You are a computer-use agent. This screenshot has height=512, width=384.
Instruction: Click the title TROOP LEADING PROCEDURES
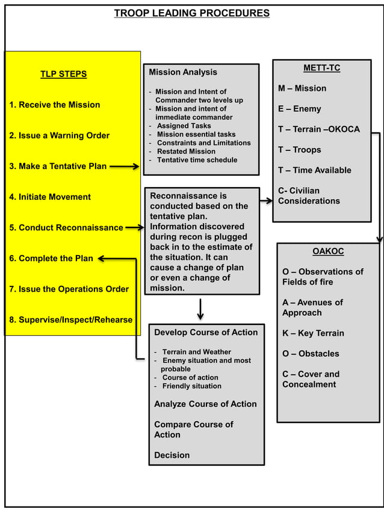point(191,13)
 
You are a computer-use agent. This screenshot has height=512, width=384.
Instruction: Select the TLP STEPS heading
point(63,74)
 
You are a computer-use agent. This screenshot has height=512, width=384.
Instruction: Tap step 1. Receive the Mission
point(54,105)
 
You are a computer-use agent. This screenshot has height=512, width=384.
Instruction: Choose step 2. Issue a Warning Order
point(59,135)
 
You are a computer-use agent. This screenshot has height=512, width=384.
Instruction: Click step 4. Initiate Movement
point(50,197)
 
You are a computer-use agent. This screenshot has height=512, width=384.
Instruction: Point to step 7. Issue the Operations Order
point(69,289)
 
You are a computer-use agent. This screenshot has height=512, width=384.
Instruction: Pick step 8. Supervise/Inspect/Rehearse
point(70,319)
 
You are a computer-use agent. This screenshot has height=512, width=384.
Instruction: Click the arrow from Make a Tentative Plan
point(125,167)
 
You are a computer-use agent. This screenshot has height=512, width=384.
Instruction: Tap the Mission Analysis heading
point(183,72)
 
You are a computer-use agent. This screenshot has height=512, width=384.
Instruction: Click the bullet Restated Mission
point(186,152)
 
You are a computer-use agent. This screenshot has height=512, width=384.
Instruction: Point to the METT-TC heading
point(322,68)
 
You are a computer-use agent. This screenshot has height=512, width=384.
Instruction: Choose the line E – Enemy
point(299,109)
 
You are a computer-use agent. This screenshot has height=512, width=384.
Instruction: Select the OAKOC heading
point(328,251)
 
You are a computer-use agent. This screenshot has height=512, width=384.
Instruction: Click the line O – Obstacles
point(311,354)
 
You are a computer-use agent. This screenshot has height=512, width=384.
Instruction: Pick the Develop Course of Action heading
point(206,332)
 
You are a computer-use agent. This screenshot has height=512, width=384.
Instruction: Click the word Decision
point(172,455)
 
